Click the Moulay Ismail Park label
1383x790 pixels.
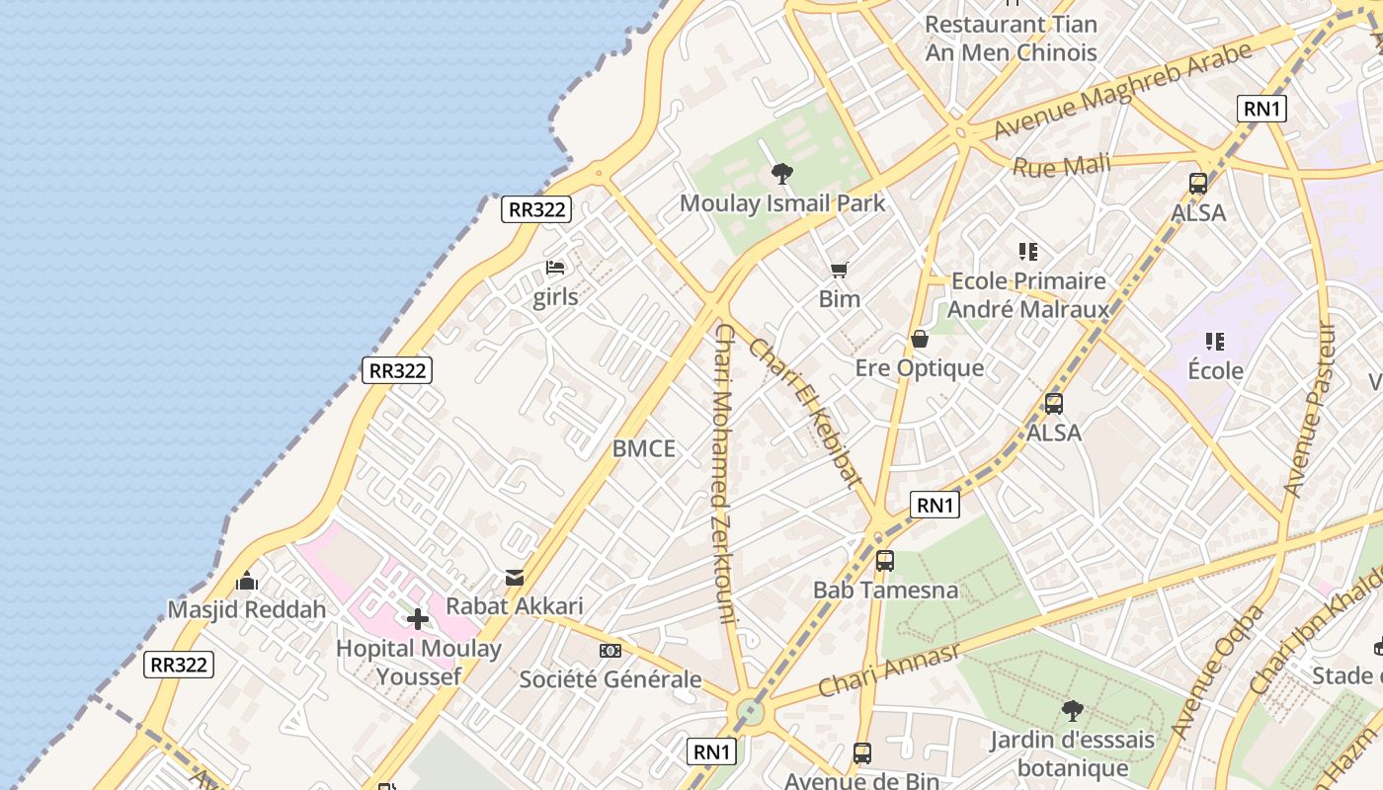(x=782, y=204)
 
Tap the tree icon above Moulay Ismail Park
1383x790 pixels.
(x=782, y=175)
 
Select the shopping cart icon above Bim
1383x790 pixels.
(x=840, y=270)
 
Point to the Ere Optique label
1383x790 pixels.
(x=919, y=368)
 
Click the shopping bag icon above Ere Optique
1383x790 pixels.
(x=920, y=340)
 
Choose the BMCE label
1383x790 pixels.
(x=644, y=449)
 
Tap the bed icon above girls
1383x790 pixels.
(x=555, y=268)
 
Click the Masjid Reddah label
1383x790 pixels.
(x=246, y=609)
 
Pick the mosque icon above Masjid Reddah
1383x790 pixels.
(x=247, y=581)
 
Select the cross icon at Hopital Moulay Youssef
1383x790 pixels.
(x=418, y=619)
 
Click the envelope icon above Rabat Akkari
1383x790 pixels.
(x=515, y=578)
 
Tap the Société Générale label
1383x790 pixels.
(x=610, y=679)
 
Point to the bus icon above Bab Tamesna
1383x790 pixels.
(x=885, y=561)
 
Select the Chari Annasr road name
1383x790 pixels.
(x=889, y=671)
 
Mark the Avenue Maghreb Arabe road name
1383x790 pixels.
(x=1121, y=89)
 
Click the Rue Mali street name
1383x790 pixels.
(x=1061, y=165)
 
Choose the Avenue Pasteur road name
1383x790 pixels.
(x=1310, y=409)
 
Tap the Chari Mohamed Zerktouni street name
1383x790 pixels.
(x=724, y=474)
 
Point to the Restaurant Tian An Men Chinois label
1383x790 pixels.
(x=1011, y=38)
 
